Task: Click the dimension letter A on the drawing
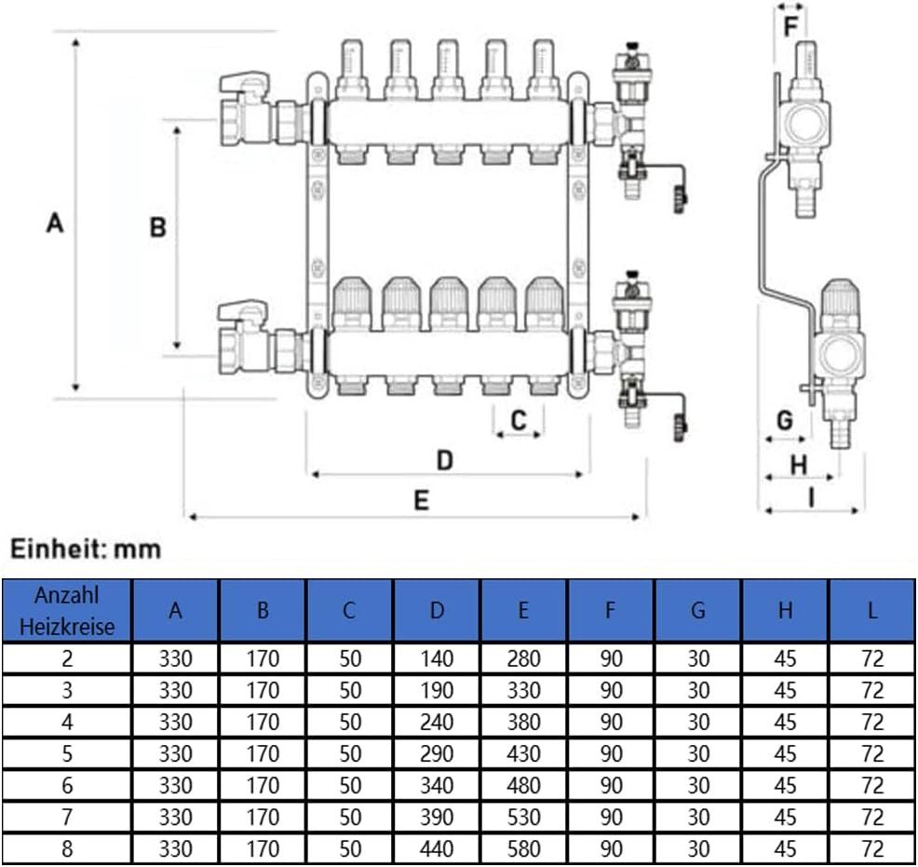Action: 54,224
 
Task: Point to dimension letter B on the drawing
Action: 157,227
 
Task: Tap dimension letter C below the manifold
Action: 519,420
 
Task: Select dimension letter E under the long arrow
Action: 422,500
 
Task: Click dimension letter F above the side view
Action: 790,27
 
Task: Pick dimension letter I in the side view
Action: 811,498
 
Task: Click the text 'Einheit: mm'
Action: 86,549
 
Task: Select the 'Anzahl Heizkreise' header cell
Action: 67,611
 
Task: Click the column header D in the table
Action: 437,611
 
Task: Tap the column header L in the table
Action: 871,611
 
